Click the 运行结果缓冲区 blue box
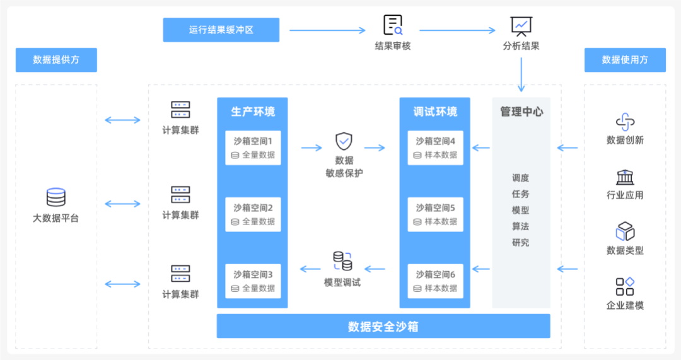221,30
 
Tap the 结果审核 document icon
393,25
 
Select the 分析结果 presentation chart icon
521,25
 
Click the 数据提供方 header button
56,60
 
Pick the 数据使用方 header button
625,60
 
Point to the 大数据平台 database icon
56,197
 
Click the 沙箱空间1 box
253,148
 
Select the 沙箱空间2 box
253,214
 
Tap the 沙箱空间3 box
253,281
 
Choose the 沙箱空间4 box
435,148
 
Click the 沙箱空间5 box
435,214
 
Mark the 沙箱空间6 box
435,281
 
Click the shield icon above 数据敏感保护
344,141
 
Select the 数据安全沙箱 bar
383,327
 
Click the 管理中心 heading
521,112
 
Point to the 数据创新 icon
625,122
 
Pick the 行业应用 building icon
625,177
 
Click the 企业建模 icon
625,287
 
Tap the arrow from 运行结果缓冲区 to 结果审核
327,30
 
